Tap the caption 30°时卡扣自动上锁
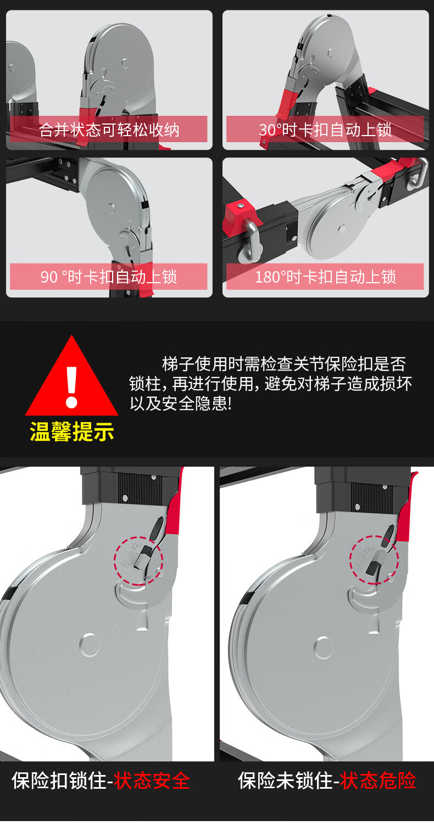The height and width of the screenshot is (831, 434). [325, 130]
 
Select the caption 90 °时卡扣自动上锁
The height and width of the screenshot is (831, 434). [109, 277]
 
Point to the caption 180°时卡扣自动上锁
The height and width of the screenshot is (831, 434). [325, 277]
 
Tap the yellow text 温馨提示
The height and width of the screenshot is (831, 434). [71, 432]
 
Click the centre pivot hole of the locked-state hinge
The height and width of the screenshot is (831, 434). [90, 645]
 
